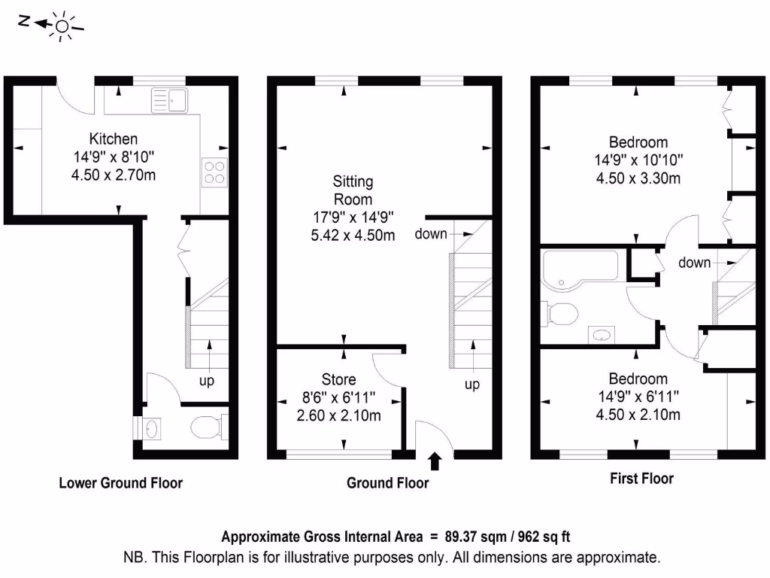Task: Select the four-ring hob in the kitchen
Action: (214, 172)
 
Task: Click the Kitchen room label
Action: (114, 138)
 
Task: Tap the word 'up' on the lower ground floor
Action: (206, 381)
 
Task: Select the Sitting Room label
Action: (353, 190)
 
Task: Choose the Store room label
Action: (338, 379)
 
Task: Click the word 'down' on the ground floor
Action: (432, 234)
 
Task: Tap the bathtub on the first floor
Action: (579, 268)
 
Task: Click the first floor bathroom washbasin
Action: (602, 334)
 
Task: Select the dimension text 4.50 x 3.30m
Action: (638, 178)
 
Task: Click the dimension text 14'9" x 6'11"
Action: (638, 397)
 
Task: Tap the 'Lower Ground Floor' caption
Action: (120, 482)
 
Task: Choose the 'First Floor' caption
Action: (641, 478)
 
